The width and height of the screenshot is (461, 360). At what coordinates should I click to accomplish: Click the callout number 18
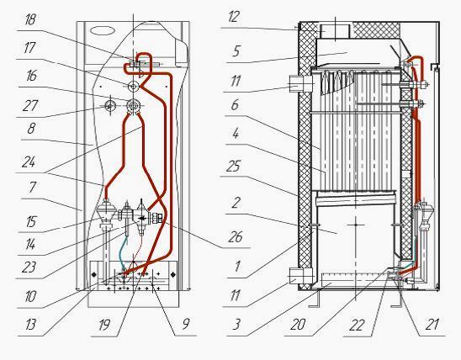[x=31, y=20]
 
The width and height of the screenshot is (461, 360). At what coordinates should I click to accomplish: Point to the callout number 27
[x=30, y=106]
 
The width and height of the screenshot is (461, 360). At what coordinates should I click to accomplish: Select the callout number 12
[x=234, y=17]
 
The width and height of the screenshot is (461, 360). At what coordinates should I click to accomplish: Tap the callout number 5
[x=236, y=50]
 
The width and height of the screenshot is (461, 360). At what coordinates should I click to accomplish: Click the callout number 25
[x=233, y=166]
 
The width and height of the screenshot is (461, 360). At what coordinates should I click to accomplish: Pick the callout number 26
[x=235, y=237]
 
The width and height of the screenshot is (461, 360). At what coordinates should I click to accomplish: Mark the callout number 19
[x=104, y=325]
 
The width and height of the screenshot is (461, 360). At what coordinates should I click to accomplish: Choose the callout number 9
[x=186, y=324]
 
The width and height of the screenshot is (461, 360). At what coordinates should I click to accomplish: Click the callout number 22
[x=357, y=325]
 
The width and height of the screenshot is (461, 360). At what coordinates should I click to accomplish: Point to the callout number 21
[x=432, y=324]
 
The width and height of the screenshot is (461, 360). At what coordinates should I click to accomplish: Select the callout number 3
[x=236, y=324]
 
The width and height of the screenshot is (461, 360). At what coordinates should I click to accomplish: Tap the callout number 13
[x=30, y=325]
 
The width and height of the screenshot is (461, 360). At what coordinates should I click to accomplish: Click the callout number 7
[x=32, y=188]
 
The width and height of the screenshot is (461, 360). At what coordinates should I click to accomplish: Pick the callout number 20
[x=298, y=325]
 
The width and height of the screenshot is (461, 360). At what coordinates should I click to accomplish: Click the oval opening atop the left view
[x=102, y=30]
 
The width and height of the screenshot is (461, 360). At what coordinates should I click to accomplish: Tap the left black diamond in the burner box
[x=94, y=274]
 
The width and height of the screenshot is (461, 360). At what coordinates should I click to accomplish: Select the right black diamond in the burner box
[x=172, y=274]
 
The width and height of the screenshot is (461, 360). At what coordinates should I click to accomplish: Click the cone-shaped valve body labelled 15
[x=105, y=213]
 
